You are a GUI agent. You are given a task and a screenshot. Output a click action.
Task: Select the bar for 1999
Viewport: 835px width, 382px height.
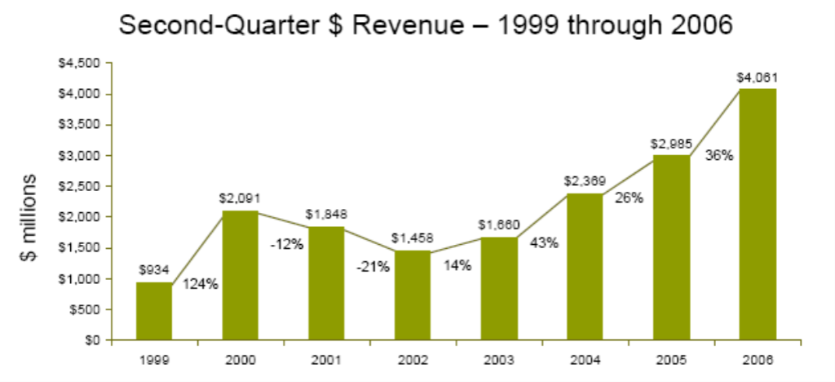coord(154,311)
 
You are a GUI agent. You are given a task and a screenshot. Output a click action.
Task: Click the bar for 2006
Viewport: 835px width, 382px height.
coord(758,214)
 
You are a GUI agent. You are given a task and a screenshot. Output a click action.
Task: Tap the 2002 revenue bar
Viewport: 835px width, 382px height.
coord(413,295)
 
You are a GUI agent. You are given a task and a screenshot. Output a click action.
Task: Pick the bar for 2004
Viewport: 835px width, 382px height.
coord(585,267)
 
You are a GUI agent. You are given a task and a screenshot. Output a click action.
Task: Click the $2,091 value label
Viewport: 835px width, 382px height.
coord(240,198)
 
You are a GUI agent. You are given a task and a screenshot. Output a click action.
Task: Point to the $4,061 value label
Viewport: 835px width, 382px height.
coord(758,78)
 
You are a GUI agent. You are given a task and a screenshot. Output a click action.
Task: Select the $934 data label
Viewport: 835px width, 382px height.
coord(154,269)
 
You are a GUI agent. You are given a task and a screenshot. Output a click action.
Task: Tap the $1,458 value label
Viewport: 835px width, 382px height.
coord(413,238)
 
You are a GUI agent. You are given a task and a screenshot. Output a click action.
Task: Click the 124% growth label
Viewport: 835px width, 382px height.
coord(200,284)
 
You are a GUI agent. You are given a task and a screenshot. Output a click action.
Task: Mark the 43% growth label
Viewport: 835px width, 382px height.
coord(543,243)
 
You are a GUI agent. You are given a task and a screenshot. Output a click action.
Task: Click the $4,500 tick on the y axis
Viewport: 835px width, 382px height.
coord(82,63)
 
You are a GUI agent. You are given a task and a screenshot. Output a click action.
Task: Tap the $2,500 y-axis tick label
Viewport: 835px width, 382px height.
coord(82,186)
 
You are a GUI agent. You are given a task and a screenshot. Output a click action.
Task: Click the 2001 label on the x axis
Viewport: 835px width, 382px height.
coord(326,359)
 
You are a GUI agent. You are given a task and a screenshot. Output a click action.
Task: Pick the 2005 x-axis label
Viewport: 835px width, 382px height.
coord(671,359)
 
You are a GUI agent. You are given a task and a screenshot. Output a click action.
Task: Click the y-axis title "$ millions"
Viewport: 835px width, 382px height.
coord(29,217)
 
